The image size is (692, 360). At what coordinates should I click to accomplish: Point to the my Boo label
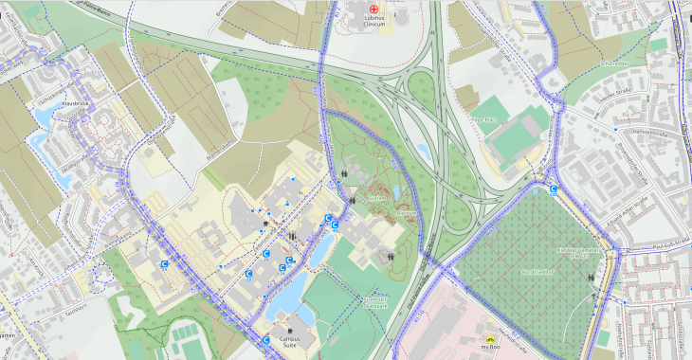489,348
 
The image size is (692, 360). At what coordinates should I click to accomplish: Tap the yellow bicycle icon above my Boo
489,336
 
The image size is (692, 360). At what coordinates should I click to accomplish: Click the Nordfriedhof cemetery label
512,270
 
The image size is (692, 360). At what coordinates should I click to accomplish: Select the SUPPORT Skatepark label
376,302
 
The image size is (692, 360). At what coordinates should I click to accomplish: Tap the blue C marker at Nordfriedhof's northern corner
554,189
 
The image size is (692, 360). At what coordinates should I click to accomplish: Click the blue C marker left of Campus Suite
266,338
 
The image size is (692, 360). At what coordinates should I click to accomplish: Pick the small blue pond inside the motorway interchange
424,152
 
